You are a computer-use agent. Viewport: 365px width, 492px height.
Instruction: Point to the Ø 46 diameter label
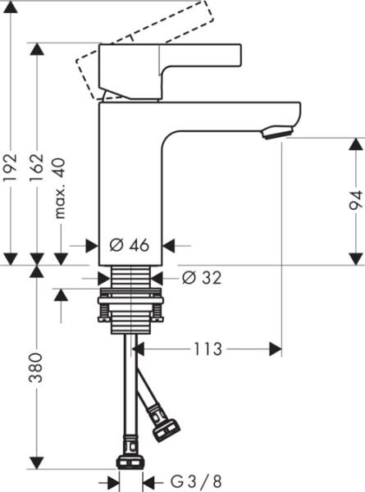tap(128, 244)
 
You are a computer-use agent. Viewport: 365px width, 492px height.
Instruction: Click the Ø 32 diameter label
tap(200, 278)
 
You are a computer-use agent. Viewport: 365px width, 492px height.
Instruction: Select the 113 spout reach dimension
tap(208, 349)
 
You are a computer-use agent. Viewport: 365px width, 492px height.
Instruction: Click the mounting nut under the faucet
tap(130, 305)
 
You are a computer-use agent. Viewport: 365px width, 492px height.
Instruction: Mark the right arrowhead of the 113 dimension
tap(276, 349)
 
